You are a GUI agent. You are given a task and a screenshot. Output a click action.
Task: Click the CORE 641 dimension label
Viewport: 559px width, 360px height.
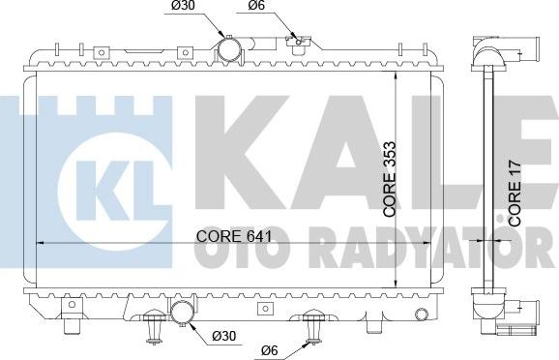[233, 235]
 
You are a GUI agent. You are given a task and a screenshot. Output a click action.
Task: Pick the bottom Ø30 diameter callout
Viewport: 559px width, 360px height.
[221, 337]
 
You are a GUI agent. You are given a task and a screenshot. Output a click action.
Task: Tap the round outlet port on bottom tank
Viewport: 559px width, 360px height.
[181, 312]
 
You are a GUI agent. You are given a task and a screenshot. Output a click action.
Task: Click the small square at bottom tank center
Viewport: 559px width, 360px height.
[264, 309]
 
